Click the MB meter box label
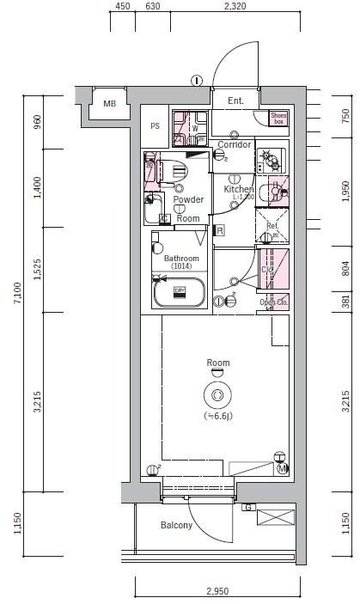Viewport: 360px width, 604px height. point(109,104)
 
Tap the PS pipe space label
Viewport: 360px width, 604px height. point(156,125)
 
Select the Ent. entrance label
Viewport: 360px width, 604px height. point(235,101)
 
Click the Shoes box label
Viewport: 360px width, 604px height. point(278,118)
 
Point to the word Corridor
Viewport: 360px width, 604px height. point(234,144)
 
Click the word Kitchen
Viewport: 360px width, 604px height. point(238,189)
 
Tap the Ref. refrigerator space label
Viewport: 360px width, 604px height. point(272,227)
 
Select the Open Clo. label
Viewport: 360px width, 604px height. point(274,302)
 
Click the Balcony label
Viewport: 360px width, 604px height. point(175,526)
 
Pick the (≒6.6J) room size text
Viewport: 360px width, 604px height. point(218,416)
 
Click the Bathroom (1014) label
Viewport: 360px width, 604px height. point(181,262)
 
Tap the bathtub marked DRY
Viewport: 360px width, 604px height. point(180,293)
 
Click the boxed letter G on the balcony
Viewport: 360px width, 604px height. point(248,507)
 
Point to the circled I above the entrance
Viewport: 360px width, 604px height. point(197,81)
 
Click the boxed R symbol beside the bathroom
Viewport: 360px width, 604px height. point(220,230)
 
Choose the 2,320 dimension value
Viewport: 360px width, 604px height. point(235,7)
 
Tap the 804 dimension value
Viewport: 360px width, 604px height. point(345,268)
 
